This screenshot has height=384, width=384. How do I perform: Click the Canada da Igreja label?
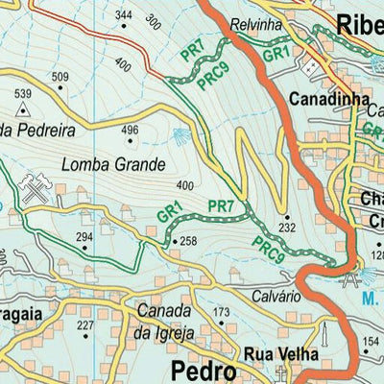166,323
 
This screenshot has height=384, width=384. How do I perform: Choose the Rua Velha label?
280,353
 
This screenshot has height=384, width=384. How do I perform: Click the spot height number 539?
23,93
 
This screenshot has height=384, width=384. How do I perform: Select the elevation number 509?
60,77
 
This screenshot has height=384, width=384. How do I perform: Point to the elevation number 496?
131,131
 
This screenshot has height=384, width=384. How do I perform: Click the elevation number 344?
122,15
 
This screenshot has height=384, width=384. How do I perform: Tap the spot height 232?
286,228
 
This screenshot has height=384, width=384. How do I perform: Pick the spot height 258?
188,241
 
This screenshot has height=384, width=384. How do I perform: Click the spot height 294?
85,236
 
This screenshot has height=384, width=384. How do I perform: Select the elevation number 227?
85,326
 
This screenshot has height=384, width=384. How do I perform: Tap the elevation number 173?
222,313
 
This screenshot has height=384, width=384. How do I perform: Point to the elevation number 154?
372,343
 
